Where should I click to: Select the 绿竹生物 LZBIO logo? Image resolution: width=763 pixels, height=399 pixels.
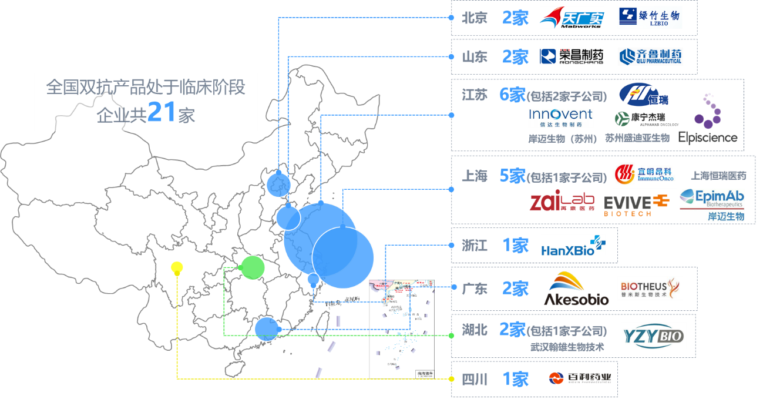[649, 18]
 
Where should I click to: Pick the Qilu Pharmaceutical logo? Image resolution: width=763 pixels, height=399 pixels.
[650, 56]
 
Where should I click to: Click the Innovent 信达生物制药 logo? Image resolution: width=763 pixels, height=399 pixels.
[561, 117]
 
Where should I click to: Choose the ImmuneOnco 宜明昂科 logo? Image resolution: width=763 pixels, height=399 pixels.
[644, 173]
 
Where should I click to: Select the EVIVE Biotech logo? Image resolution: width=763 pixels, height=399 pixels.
[637, 204]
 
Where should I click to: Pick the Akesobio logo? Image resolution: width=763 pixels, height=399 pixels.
[576, 289]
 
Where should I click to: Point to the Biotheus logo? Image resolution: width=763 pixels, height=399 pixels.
[650, 288]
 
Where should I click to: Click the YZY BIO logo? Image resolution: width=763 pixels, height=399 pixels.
[654, 336]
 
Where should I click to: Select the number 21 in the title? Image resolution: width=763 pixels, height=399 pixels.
[162, 112]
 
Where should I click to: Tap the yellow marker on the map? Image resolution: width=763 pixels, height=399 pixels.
[176, 269]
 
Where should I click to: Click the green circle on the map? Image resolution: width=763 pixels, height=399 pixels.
[253, 267]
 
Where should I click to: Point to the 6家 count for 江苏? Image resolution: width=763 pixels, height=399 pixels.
[511, 95]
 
